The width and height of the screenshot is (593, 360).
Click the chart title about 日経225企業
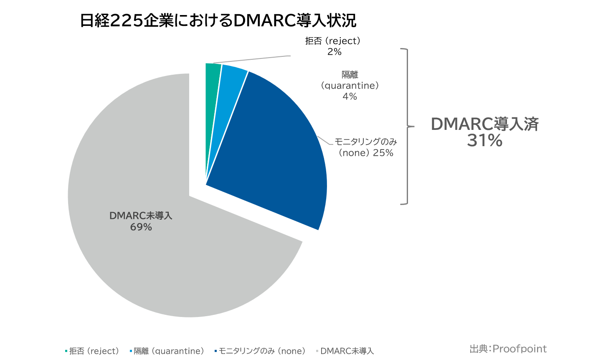[218, 20]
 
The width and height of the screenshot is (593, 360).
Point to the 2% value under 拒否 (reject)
[334, 52]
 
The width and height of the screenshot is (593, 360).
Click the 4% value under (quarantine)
[350, 96]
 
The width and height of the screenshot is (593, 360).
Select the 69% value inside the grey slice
[141, 227]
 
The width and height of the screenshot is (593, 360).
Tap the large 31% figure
[484, 141]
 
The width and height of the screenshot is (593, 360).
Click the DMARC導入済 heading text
[484, 124]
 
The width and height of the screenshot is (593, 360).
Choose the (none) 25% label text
[365, 153]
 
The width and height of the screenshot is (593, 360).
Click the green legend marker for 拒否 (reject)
[66, 351]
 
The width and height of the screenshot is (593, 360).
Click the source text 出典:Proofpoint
[508, 349]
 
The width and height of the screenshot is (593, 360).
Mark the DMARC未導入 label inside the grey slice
[141, 216]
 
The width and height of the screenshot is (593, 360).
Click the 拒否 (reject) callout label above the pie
[333, 41]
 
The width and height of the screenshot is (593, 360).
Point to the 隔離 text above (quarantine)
[350, 75]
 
